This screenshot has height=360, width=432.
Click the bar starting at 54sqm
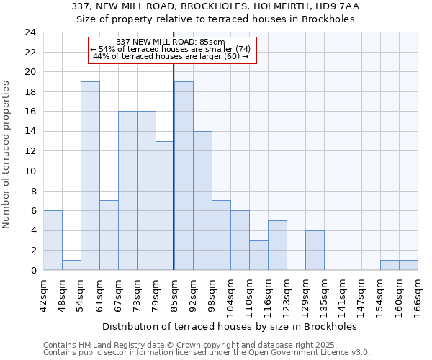90,176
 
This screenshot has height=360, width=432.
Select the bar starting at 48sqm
71,265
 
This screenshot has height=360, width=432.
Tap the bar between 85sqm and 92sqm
184,176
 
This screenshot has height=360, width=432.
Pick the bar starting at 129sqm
315,250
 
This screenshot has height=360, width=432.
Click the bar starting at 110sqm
258,255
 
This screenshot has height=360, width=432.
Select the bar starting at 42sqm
53,240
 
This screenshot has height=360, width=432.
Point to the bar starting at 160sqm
408,265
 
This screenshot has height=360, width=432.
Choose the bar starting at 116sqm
277,245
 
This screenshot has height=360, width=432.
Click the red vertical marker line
174,166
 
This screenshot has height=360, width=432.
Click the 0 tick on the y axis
33,271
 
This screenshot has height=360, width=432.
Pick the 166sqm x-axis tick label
418,294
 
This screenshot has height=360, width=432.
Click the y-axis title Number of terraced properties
7,154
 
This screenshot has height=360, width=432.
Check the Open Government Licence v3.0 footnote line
207,353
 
